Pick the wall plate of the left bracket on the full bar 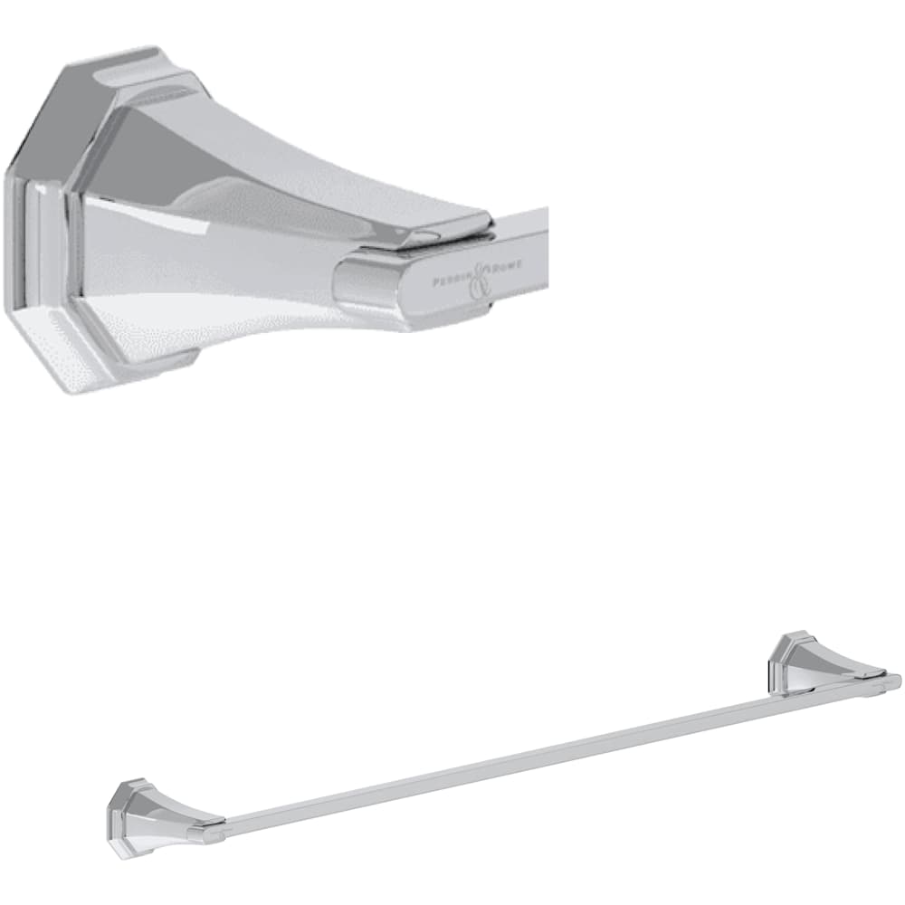[121, 820]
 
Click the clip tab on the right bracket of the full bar [869, 674]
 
